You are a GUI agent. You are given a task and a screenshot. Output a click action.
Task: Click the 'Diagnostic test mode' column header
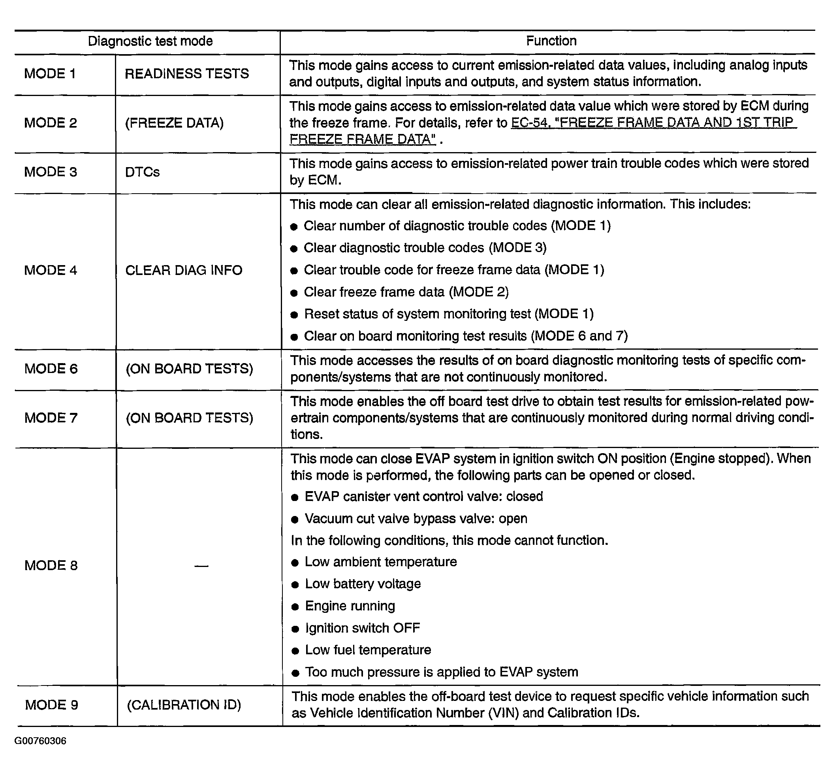(150, 41)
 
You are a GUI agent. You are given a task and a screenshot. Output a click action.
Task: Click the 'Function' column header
(551, 41)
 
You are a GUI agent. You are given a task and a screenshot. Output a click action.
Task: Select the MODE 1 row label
(50, 74)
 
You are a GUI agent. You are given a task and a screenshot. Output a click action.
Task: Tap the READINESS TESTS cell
(187, 74)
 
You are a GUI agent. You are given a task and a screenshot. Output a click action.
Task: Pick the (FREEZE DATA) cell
(174, 123)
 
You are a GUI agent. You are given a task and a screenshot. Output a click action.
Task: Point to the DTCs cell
(142, 172)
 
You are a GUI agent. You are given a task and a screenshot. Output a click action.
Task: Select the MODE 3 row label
(51, 172)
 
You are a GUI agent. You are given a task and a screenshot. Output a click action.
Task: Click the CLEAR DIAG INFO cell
(184, 270)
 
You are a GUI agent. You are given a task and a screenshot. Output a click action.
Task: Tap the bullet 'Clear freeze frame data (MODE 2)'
(406, 292)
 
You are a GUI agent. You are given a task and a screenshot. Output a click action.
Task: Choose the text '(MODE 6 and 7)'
(579, 336)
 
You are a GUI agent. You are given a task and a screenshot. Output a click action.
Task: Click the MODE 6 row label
(51, 369)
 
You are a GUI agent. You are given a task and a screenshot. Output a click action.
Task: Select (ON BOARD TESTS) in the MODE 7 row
(190, 418)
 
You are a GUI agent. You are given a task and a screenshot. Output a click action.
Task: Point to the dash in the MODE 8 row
(201, 566)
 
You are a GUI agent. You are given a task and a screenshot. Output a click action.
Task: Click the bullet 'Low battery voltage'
(363, 584)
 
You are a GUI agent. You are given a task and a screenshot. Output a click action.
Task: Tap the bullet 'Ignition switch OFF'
(362, 628)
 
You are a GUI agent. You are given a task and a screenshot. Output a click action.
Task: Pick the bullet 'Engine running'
(350, 606)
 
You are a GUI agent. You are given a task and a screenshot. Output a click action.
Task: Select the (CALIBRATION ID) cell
(184, 705)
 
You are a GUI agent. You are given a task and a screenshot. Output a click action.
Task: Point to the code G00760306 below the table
(40, 741)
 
